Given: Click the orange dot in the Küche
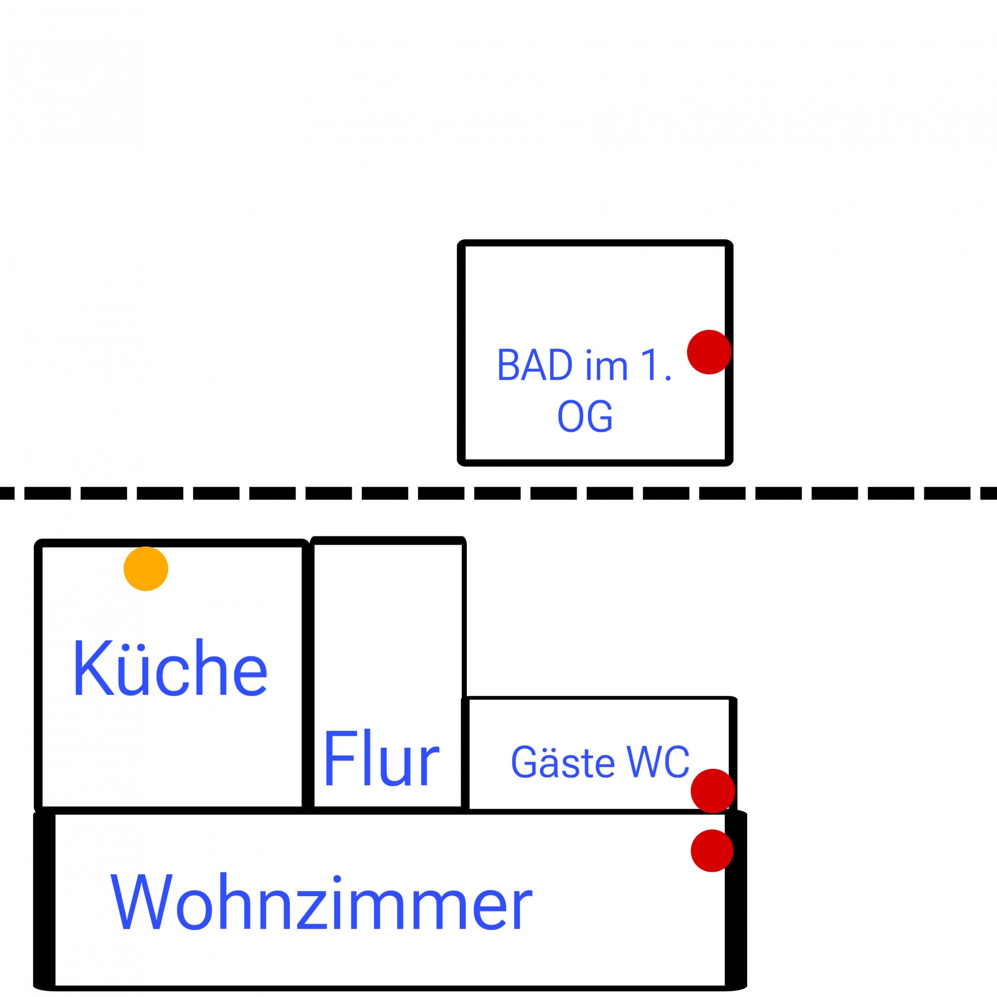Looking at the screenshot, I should click(x=146, y=569).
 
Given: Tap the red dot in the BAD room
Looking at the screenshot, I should click(x=709, y=352).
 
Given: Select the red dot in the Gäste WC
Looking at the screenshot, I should click(x=713, y=791).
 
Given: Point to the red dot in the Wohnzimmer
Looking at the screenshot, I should click(x=712, y=851).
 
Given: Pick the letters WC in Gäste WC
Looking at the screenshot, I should click(x=658, y=762).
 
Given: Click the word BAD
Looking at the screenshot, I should click(x=535, y=366).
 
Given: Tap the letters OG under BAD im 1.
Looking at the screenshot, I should click(x=585, y=416).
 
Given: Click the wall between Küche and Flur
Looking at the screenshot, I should click(x=308, y=675).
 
